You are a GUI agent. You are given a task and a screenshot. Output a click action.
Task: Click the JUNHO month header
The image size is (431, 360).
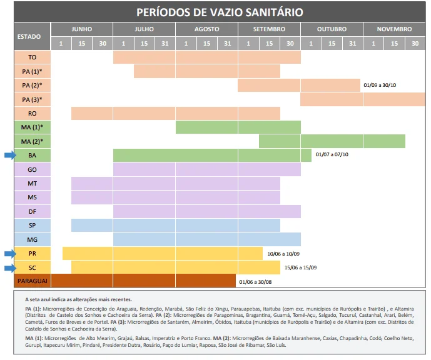[x=81, y=29]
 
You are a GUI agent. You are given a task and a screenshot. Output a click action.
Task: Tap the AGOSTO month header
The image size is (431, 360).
[x=206, y=29]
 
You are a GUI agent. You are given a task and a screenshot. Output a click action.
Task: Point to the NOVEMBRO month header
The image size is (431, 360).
[x=393, y=29]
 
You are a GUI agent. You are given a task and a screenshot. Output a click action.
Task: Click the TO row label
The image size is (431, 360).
[x=32, y=57]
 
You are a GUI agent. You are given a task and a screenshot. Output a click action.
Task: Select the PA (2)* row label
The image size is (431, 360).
[x=32, y=85]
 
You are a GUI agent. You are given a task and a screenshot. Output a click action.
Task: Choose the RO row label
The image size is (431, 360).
[x=32, y=113]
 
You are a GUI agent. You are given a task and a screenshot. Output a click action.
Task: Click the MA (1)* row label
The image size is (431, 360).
[x=32, y=127]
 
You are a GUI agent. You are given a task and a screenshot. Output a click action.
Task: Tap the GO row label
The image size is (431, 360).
[x=32, y=169]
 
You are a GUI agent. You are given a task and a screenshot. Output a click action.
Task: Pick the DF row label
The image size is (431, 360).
[x=32, y=211]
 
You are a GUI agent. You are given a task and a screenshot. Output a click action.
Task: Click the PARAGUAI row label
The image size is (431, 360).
[x=32, y=281]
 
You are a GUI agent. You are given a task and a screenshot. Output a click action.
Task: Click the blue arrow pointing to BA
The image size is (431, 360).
[x=8, y=156]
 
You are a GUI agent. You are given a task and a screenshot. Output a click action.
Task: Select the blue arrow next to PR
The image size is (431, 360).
[x=8, y=253]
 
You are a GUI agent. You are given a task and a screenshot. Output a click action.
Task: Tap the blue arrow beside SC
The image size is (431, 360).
[x=8, y=267]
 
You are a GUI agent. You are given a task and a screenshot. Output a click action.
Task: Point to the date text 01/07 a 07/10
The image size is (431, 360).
[x=332, y=155]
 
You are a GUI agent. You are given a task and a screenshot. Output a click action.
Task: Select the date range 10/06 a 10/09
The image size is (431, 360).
[x=283, y=254]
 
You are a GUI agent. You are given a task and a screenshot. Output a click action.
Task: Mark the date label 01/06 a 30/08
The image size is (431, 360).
[x=256, y=282]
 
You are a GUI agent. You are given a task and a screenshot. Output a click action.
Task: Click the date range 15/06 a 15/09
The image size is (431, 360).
[x=300, y=267]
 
